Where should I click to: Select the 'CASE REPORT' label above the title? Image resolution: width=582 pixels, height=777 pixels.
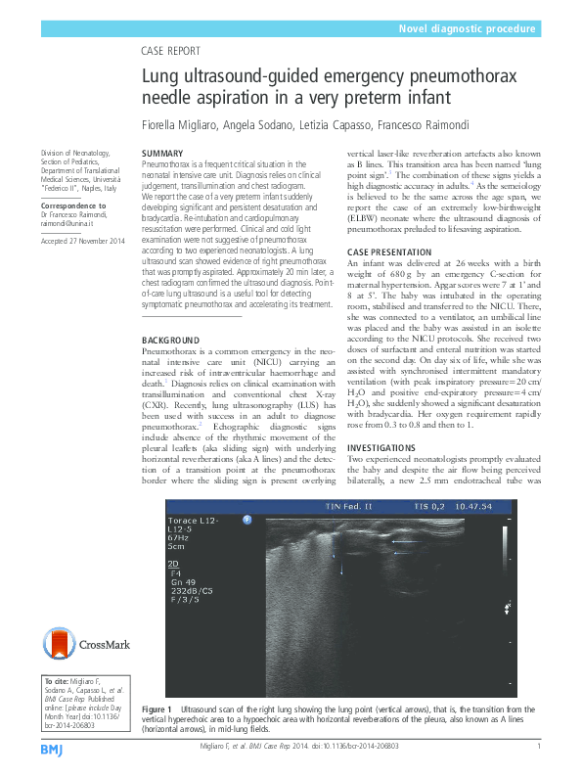(x=172, y=50)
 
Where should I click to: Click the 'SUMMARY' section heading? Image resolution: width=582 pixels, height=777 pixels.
(x=162, y=154)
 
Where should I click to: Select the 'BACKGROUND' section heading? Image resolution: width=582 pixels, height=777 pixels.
(x=171, y=340)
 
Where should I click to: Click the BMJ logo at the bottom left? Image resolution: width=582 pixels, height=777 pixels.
(x=52, y=749)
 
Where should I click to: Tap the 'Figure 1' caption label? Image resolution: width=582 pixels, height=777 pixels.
(x=157, y=708)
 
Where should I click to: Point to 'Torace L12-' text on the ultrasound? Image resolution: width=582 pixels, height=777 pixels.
(x=192, y=521)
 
